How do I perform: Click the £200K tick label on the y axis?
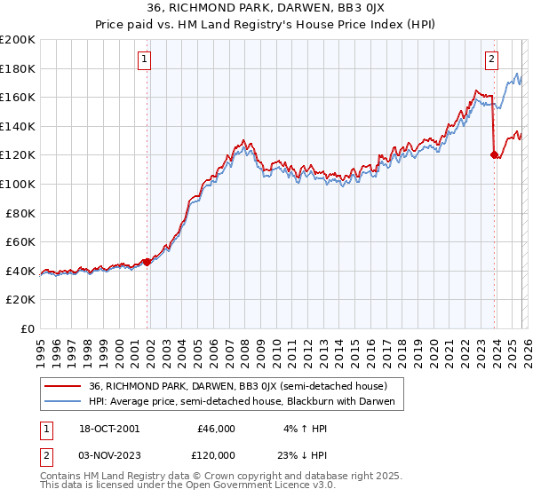(x=18, y=40)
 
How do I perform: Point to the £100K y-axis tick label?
(x=18, y=184)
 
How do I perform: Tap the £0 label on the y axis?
(x=27, y=328)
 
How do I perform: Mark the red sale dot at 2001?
(x=147, y=262)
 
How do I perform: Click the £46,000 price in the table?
(x=216, y=428)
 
